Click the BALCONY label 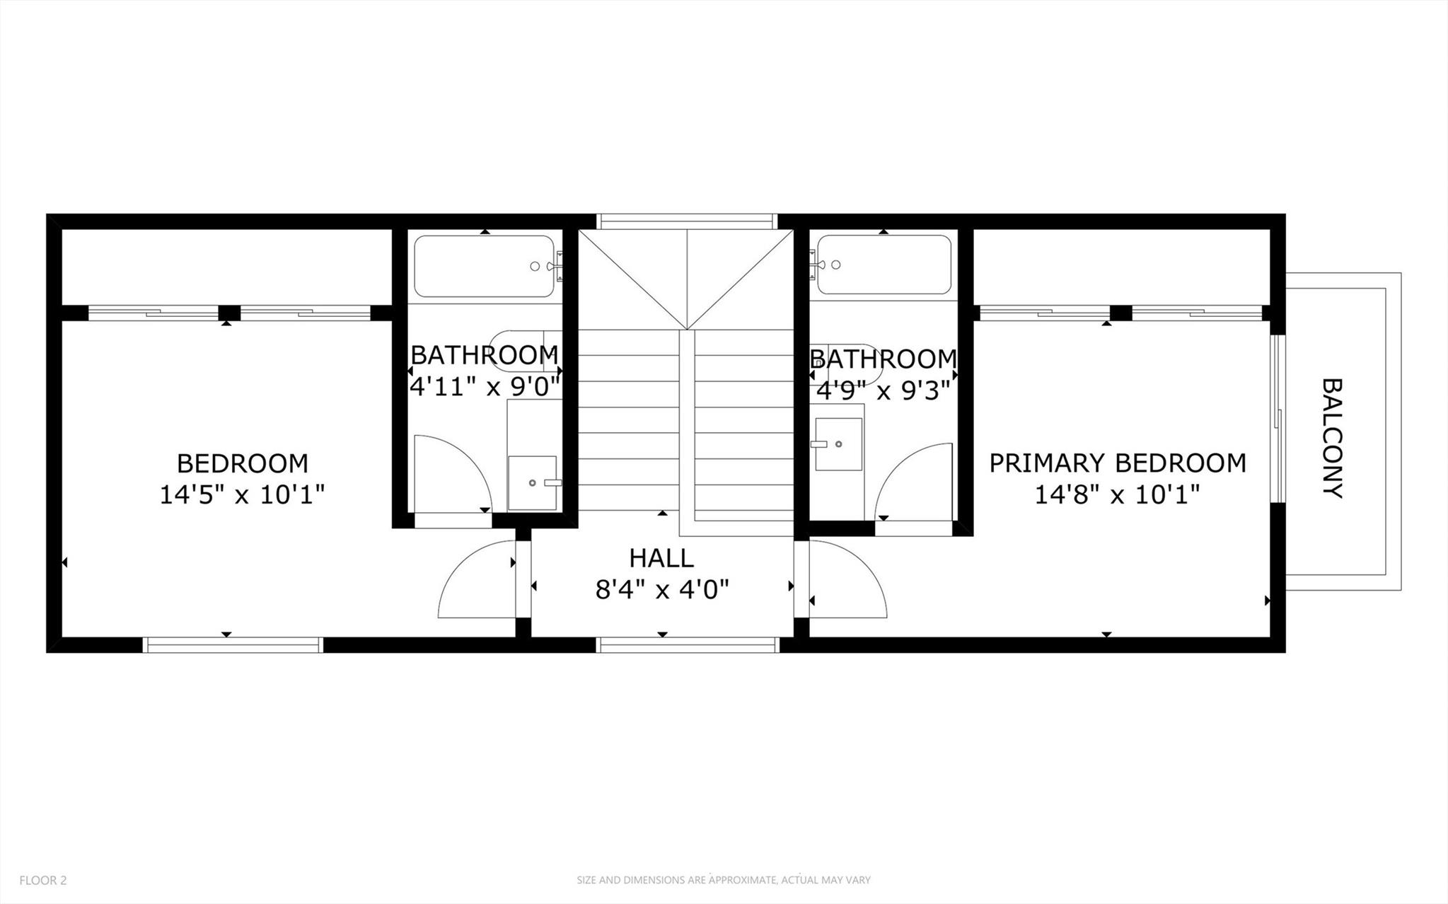[1332, 439]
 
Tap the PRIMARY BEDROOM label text [1117, 463]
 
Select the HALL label [661, 559]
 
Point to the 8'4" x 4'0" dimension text [661, 589]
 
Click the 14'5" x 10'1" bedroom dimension [242, 494]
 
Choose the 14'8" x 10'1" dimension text [1117, 494]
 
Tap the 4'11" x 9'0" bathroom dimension [485, 387]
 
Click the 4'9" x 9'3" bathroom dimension [884, 390]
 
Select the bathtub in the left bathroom [484, 266]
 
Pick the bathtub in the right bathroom [884, 265]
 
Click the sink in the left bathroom [533, 483]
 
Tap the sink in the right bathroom [838, 444]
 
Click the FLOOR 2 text [43, 881]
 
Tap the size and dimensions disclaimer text [723, 881]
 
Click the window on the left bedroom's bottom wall [233, 644]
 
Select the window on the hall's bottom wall [688, 644]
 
